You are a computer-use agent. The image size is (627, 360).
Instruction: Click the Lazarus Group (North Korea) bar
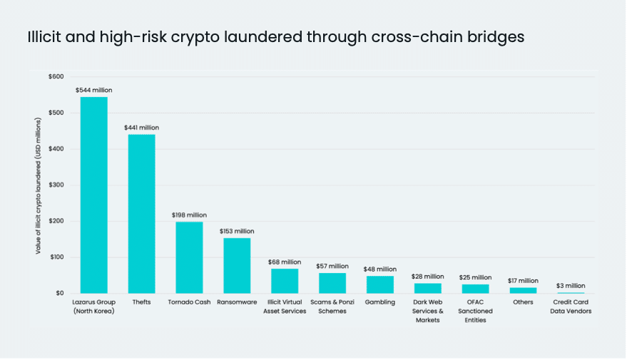(x=93, y=195)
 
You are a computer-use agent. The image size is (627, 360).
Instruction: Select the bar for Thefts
(x=141, y=214)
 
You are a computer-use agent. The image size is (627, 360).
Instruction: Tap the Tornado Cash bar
(x=189, y=257)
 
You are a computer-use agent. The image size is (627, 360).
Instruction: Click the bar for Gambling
(x=380, y=284)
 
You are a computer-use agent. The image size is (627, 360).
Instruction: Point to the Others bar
(x=523, y=290)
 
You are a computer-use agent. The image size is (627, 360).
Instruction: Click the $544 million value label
(x=93, y=90)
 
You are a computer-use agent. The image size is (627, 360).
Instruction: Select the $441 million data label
(x=141, y=128)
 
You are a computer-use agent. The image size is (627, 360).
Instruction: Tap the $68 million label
(x=285, y=262)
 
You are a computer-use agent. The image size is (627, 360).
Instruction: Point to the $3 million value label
(x=571, y=285)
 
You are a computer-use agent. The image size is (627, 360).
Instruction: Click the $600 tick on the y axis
(x=56, y=76)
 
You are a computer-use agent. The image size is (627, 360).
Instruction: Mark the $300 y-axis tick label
(x=56, y=185)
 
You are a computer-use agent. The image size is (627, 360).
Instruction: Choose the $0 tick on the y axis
(x=58, y=293)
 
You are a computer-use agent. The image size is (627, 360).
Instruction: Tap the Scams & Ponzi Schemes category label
(x=332, y=307)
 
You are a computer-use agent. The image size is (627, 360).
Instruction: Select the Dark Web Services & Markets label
(x=428, y=311)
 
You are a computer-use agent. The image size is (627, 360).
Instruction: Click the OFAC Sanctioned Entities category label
(x=475, y=311)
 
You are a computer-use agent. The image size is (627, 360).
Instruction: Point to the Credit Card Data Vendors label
(x=571, y=307)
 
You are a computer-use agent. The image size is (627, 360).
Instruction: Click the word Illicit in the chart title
(x=44, y=37)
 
